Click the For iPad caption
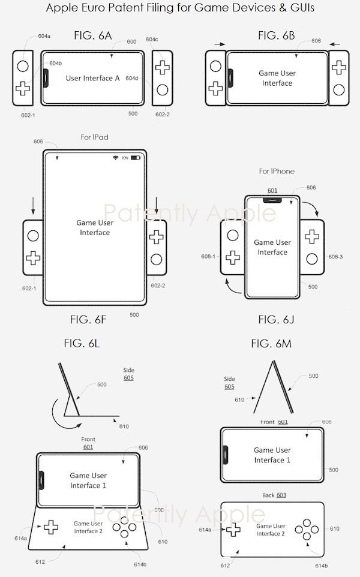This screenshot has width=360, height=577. tap(94, 137)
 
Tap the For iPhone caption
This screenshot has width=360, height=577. tap(277, 172)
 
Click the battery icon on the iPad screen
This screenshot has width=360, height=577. tap(136, 158)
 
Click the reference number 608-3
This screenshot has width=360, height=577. tap(335, 256)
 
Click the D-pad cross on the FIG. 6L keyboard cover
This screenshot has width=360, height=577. tap(50, 527)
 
